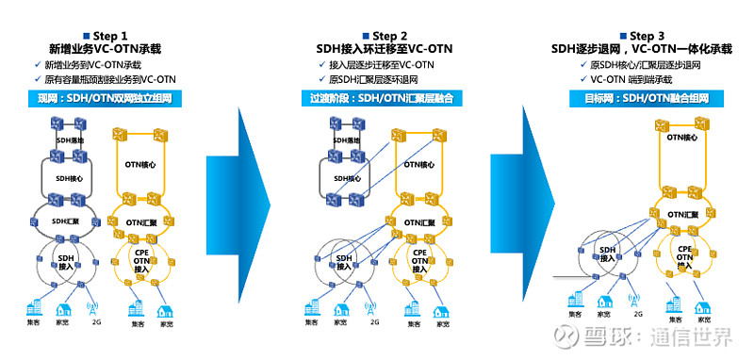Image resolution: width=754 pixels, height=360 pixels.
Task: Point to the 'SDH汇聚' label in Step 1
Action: coord(70,221)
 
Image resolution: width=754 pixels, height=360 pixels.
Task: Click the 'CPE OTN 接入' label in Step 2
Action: coord(418,260)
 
